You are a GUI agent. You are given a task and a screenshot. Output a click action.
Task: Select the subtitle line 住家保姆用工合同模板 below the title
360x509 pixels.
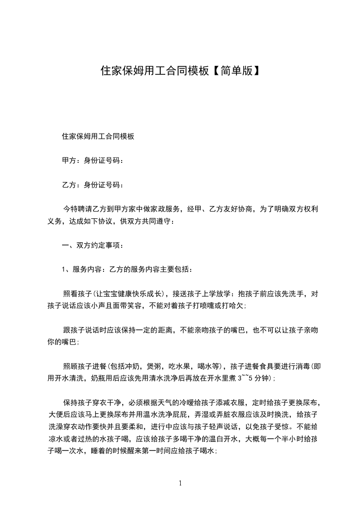pyautogui.click(x=98, y=136)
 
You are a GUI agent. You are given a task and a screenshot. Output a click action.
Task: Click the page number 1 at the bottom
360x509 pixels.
pyautogui.click(x=180, y=483)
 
